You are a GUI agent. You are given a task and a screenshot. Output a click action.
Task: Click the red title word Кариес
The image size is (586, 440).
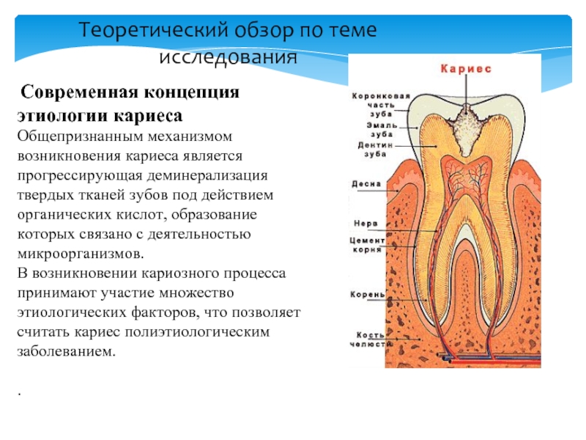tap(466, 68)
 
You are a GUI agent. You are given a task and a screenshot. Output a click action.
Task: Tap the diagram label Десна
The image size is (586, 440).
tap(366, 184)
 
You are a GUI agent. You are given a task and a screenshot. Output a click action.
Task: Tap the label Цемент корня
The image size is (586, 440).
tap(367, 245)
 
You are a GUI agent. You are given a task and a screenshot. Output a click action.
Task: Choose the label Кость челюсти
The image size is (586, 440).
tap(367, 340)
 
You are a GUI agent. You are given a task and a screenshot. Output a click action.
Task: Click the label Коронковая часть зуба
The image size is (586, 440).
tap(378, 103)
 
